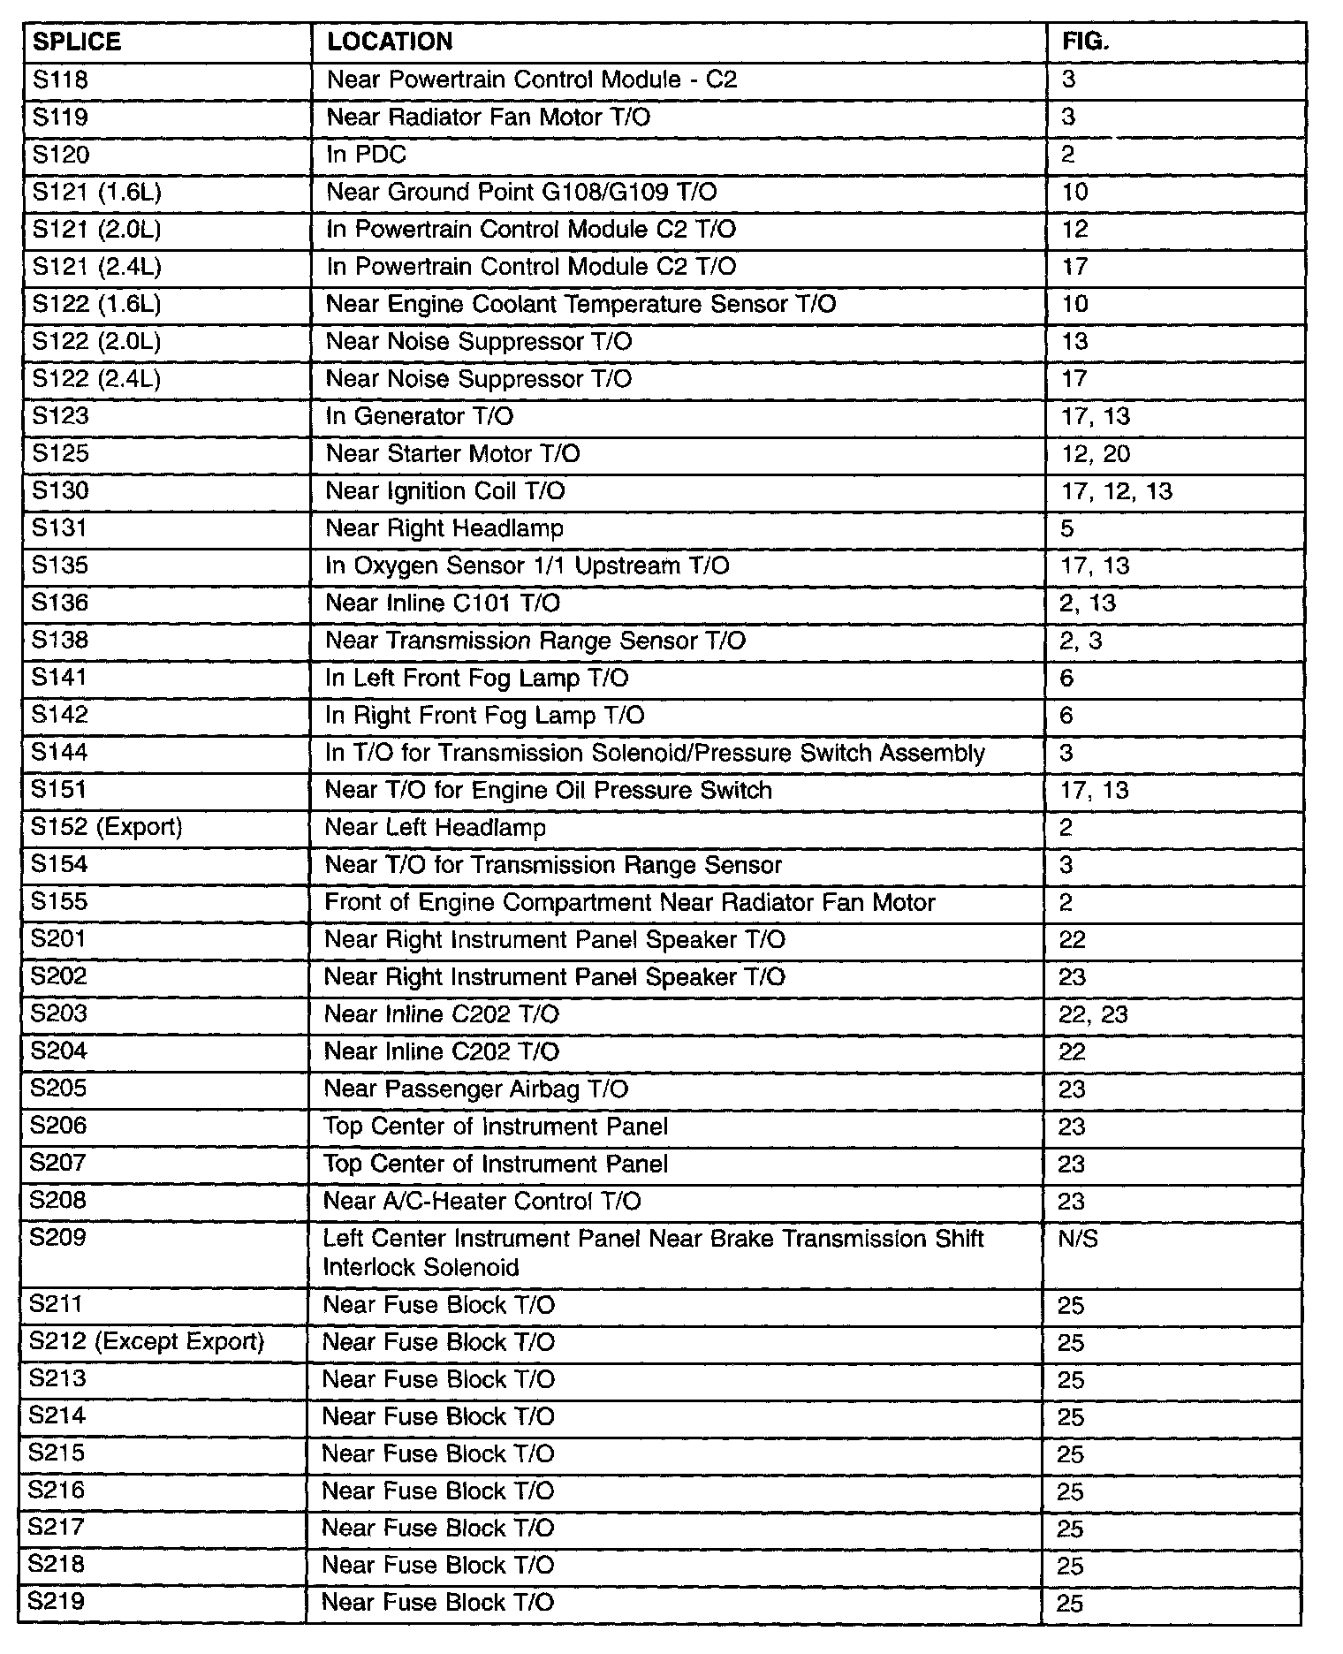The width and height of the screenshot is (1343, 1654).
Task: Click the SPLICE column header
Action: tap(76, 42)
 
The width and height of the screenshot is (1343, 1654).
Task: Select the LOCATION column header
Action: tap(390, 42)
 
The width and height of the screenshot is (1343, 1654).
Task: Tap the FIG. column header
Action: tap(1085, 42)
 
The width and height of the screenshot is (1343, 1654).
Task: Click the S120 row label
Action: tap(60, 155)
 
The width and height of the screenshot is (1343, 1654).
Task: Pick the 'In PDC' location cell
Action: tap(366, 155)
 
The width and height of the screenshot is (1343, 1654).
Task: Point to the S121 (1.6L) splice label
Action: tap(96, 192)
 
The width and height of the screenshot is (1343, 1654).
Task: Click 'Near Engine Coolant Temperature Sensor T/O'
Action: tap(580, 304)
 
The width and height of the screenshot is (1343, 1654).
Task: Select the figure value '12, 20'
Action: tap(1095, 453)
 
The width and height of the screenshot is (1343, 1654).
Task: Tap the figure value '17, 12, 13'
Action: tap(1116, 490)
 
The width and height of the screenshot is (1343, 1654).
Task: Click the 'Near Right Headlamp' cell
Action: tap(444, 528)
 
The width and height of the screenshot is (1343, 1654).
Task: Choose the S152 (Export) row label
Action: tap(106, 827)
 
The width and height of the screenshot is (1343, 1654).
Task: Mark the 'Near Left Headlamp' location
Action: tap(436, 827)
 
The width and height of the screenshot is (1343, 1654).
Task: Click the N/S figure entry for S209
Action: tap(1077, 1239)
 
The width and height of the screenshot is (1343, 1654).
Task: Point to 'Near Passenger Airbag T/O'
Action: tap(476, 1089)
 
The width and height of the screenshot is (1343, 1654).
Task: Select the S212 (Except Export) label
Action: tap(147, 1341)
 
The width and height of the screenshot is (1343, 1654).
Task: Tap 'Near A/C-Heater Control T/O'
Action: tap(482, 1201)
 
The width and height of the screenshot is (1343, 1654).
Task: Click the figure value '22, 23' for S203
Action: tap(1093, 1014)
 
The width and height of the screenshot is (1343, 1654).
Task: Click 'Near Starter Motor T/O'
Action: tap(452, 453)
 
